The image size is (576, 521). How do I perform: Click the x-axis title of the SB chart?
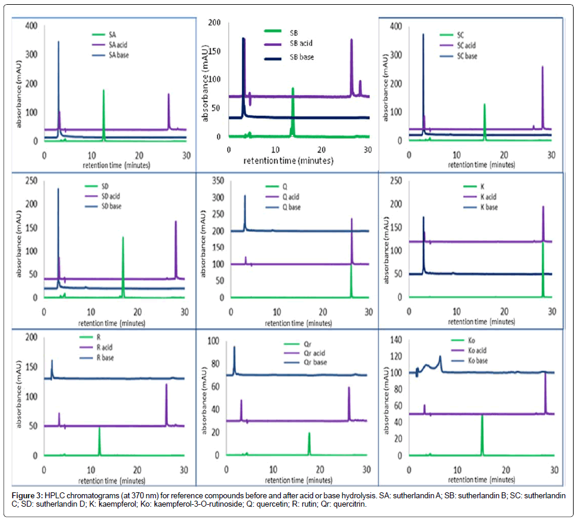[x=289, y=161]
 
